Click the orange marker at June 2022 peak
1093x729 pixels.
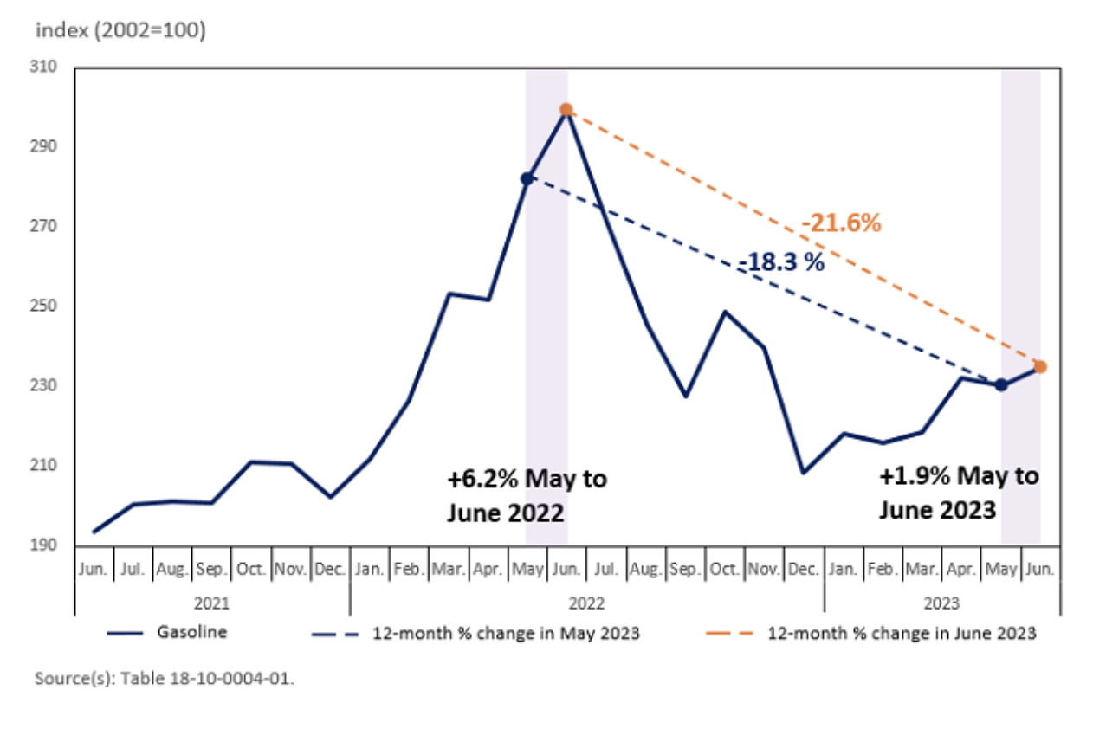click(x=566, y=110)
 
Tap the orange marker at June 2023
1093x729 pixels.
click(x=1040, y=367)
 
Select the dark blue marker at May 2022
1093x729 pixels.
click(x=527, y=178)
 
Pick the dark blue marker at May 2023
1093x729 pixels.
click(x=1001, y=385)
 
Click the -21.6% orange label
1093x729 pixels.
click(x=840, y=223)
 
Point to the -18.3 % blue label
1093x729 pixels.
click(x=782, y=262)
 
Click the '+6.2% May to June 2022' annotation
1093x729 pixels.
click(x=527, y=495)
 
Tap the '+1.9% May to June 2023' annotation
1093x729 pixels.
click(x=958, y=493)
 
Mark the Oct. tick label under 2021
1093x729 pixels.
click(x=252, y=571)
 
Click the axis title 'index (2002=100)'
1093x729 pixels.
click(x=120, y=31)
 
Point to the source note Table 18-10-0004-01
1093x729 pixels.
click(x=165, y=679)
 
